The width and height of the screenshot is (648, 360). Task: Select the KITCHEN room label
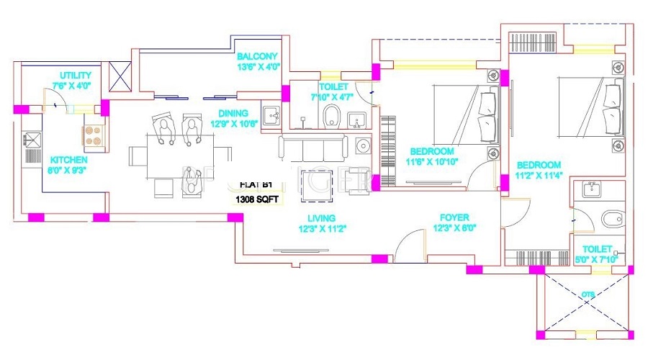click(68, 159)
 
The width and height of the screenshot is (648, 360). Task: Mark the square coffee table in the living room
click(316, 179)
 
